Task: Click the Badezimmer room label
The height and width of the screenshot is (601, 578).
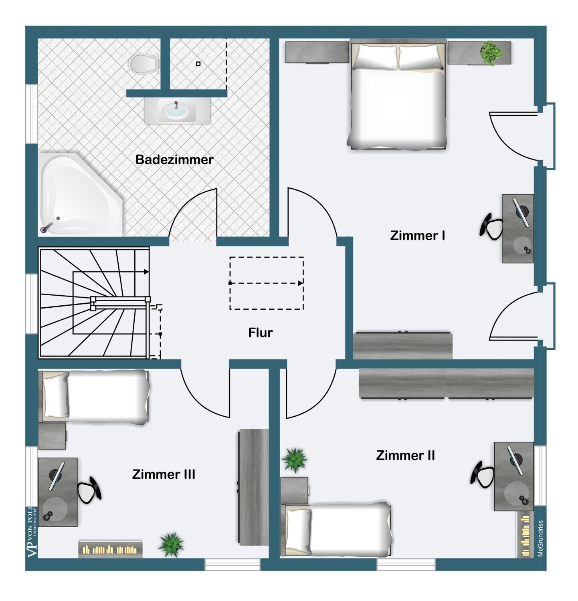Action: (x=174, y=159)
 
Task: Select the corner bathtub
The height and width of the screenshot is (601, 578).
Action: (x=81, y=194)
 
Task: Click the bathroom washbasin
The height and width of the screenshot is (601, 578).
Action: (x=177, y=110)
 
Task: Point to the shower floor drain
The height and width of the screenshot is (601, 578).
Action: (x=198, y=64)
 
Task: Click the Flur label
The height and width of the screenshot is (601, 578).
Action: (x=261, y=333)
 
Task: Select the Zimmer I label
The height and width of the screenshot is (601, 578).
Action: (x=417, y=236)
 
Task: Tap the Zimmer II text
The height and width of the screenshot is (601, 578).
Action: (x=405, y=456)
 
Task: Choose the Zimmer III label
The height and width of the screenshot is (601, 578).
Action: (x=164, y=474)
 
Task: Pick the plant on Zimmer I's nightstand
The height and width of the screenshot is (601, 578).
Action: (x=491, y=52)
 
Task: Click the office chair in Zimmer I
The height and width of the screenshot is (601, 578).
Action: (x=491, y=227)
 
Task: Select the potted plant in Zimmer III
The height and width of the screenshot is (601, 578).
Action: (x=171, y=545)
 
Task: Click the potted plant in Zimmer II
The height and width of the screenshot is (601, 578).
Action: (x=295, y=460)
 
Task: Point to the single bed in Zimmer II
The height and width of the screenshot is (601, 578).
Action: (x=336, y=530)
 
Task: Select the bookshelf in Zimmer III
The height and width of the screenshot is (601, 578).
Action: (x=110, y=549)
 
